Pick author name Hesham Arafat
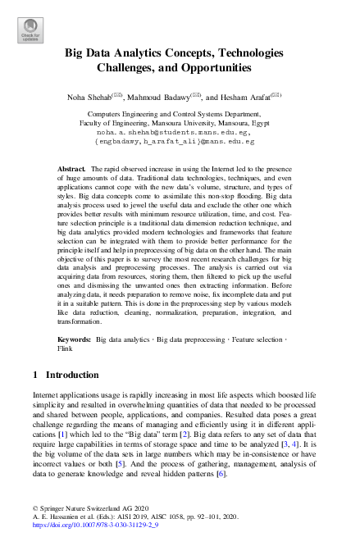coord(247,97)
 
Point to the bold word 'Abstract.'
coord(71,167)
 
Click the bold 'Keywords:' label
coord(75,338)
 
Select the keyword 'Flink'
coord(66,348)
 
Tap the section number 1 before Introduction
coord(35,375)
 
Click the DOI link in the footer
coord(93,539)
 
